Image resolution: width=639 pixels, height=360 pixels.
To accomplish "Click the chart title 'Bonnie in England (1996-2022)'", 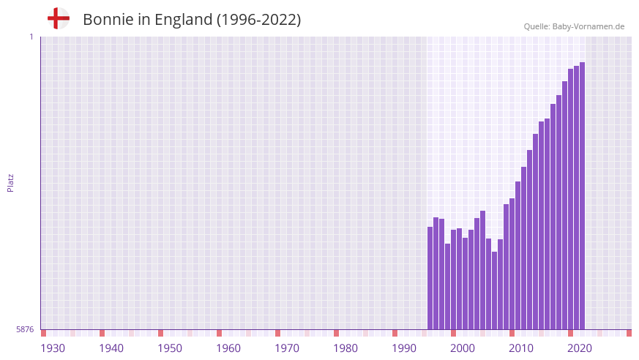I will pyautogui.click(x=192, y=20).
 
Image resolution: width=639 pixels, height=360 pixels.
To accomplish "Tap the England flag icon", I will pyautogui.click(x=58, y=18).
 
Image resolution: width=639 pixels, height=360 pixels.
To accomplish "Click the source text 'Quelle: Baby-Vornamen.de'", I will pyautogui.click(x=574, y=26).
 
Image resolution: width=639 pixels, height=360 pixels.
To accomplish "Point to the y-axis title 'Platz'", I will pyautogui.click(x=10, y=182).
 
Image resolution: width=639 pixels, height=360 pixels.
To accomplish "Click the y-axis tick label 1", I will pyautogui.click(x=31, y=37).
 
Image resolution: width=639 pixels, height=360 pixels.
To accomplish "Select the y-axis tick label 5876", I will pyautogui.click(x=25, y=330).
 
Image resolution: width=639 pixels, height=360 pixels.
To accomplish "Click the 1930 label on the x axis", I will pyautogui.click(x=53, y=348).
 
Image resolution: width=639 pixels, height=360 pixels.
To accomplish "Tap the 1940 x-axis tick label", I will pyautogui.click(x=111, y=348).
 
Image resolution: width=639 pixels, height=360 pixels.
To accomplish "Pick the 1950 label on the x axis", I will pyautogui.click(x=170, y=348).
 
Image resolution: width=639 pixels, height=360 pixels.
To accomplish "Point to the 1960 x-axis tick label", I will pyautogui.click(x=228, y=348).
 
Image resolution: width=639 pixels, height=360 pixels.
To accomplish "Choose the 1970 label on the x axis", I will pyautogui.click(x=287, y=348).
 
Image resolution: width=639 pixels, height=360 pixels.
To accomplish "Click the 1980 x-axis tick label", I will pyautogui.click(x=345, y=348).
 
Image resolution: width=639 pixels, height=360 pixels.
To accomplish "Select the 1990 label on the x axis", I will pyautogui.click(x=404, y=348).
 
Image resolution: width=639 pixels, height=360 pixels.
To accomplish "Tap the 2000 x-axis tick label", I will pyautogui.click(x=463, y=348).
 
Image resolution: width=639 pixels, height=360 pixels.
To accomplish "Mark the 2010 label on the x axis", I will pyautogui.click(x=521, y=348).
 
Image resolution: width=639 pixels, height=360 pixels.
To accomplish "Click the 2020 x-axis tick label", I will pyautogui.click(x=580, y=348).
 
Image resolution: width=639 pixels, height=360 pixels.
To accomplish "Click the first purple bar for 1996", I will pyautogui.click(x=430, y=278).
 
